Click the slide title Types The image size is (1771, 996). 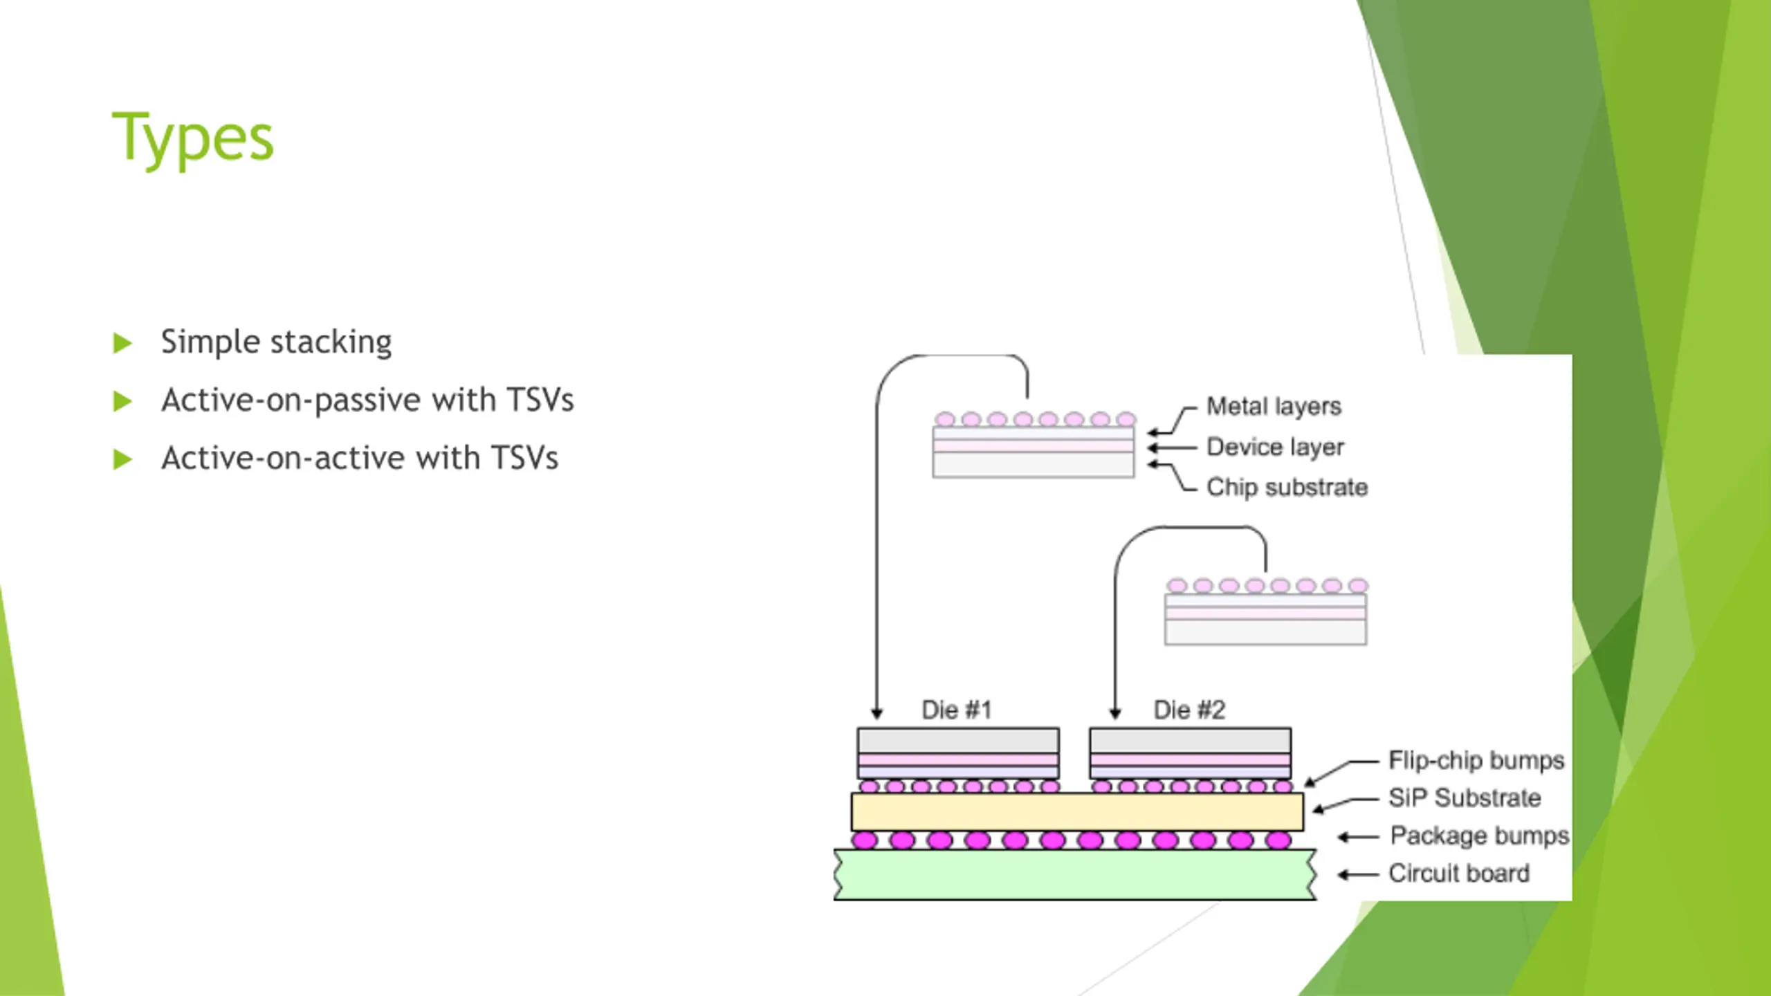click(x=192, y=138)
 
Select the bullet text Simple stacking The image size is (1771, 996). click(x=276, y=342)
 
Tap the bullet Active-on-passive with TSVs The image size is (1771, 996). click(x=367, y=400)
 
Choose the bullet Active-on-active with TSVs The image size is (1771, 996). click(x=360, y=458)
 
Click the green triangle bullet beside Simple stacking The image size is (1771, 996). click(x=122, y=343)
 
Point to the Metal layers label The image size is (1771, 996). click(x=1274, y=406)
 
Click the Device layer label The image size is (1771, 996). click(x=1275, y=447)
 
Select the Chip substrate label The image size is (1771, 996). click(x=1287, y=487)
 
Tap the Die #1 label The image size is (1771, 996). click(x=957, y=710)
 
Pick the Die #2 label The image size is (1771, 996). click(x=1189, y=710)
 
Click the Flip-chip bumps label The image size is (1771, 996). click(x=1476, y=760)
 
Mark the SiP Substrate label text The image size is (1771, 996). click(x=1465, y=797)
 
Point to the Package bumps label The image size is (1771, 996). click(x=1479, y=836)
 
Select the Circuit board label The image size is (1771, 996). click(x=1458, y=873)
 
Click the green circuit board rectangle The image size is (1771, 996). click(x=1075, y=875)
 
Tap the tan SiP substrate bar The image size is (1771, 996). click(x=1076, y=811)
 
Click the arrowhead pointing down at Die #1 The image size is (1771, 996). click(x=877, y=713)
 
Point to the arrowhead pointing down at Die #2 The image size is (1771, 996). click(x=1115, y=713)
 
